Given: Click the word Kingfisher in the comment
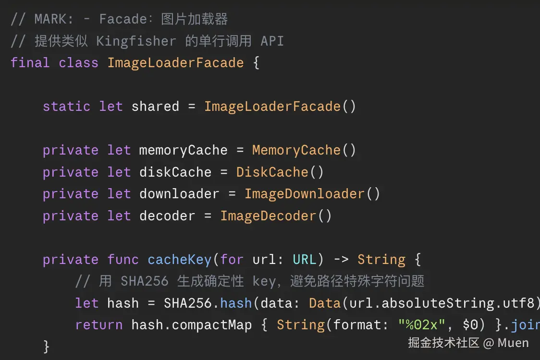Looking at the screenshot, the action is pyautogui.click(x=136, y=41).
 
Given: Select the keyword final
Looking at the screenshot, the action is pyautogui.click(x=30, y=62).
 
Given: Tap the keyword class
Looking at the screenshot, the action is pyautogui.click(x=78, y=62).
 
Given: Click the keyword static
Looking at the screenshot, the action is pyautogui.click(x=66, y=107).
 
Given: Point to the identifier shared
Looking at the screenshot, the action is pyautogui.click(x=155, y=107).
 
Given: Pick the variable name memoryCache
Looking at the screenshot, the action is pyautogui.click(x=183, y=150).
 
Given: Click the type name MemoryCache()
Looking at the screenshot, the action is pyautogui.click(x=304, y=150).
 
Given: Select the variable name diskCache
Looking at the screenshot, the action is pyautogui.click(x=175, y=172).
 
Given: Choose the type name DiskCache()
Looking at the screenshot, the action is pyautogui.click(x=280, y=172).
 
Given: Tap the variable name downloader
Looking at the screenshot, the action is pyautogui.click(x=179, y=194).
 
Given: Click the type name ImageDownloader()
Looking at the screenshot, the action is pyautogui.click(x=312, y=194).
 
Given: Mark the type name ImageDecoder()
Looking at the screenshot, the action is pyautogui.click(x=276, y=216).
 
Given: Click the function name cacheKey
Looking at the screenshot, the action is pyautogui.click(x=179, y=260).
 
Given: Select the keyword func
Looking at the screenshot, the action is pyautogui.click(x=123, y=260).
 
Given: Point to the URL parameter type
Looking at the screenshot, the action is pyautogui.click(x=305, y=260).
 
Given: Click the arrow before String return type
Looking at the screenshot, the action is pyautogui.click(x=341, y=260).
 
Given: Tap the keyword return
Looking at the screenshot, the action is pyautogui.click(x=99, y=325).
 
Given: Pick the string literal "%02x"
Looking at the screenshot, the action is pyautogui.click(x=422, y=325).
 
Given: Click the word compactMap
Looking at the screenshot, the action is pyautogui.click(x=212, y=325).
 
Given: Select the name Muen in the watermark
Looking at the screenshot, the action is pyautogui.click(x=513, y=343).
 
